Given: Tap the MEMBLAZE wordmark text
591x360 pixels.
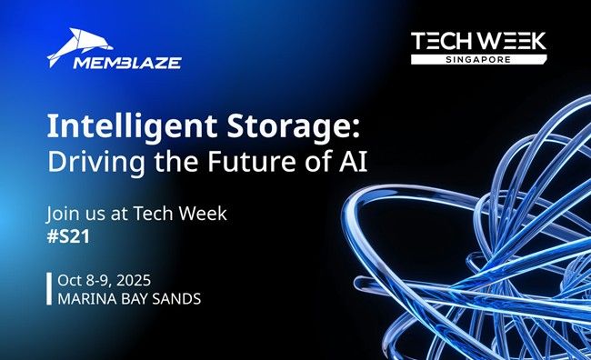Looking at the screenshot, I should coord(115,63).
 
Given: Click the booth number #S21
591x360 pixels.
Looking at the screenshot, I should coord(67,235).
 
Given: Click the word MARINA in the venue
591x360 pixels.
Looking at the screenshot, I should coord(84,296).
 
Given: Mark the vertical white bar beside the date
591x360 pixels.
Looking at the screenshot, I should coord(48,286).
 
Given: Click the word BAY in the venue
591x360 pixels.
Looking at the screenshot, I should coord(132,296).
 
